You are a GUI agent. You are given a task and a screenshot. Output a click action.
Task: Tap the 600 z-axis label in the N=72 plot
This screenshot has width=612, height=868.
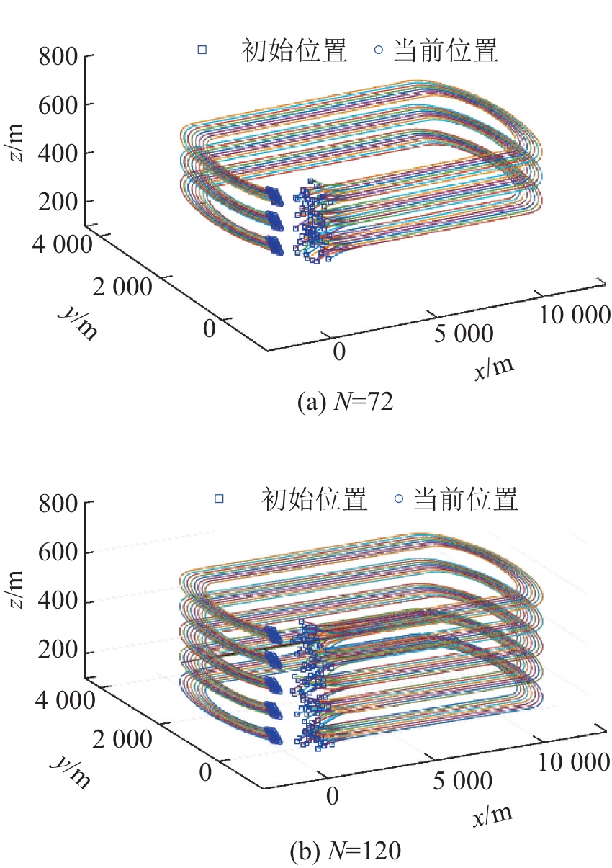pyautogui.click(x=58, y=104)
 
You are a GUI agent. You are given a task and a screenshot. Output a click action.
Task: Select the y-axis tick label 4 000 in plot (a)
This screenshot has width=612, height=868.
pyautogui.click(x=62, y=244)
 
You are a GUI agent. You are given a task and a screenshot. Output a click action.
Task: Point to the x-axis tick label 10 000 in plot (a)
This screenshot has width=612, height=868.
pyautogui.click(x=575, y=314)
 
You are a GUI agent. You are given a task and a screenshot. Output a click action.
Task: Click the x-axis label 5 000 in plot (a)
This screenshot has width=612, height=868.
pyautogui.click(x=463, y=334)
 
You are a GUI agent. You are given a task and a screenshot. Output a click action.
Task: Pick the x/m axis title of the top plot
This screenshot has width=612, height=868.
pyautogui.click(x=494, y=367)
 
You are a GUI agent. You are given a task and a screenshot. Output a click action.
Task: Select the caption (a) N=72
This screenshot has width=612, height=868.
pyautogui.click(x=345, y=401)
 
